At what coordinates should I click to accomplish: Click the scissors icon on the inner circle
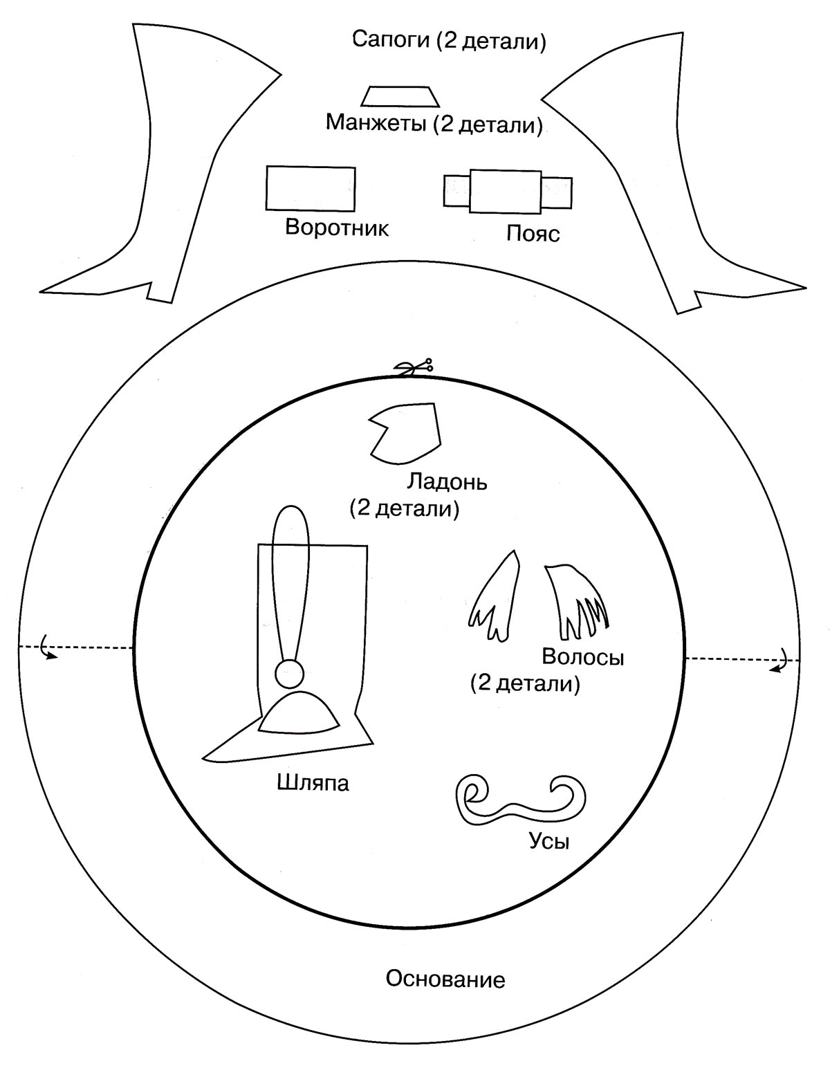(x=413, y=367)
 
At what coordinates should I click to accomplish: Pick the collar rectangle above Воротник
(x=311, y=188)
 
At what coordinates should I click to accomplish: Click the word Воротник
(x=337, y=228)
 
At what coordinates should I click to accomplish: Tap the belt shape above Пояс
(x=507, y=192)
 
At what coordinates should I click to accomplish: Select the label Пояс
(x=533, y=234)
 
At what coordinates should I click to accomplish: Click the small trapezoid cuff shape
(x=402, y=96)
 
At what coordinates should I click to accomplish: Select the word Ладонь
(x=448, y=481)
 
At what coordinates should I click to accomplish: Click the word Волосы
(x=583, y=656)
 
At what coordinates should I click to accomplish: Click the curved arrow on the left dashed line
(x=48, y=651)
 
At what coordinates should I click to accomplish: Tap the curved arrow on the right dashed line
(x=782, y=662)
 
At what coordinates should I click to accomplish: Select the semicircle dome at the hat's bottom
(x=299, y=714)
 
